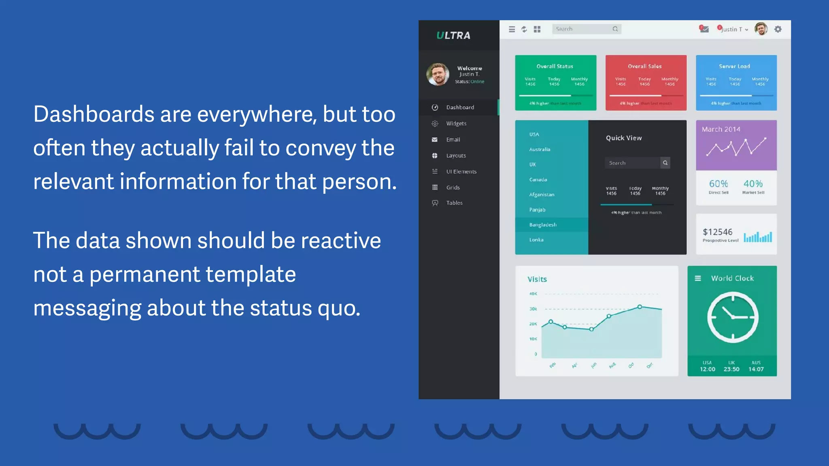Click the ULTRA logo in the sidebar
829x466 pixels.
coord(453,36)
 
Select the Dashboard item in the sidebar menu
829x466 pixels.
coord(460,107)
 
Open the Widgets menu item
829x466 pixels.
coord(456,123)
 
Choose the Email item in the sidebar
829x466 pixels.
coord(453,140)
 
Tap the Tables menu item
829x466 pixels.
coord(454,203)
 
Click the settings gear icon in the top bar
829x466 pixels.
coord(778,29)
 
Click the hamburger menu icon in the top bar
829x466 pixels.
coord(512,29)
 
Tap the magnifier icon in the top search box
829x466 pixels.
coord(615,29)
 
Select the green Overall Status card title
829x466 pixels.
coord(555,66)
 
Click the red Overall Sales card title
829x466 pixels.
coord(645,66)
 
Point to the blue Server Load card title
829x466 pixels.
coord(734,66)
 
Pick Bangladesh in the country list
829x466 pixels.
coord(543,225)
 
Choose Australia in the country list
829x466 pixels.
coord(540,149)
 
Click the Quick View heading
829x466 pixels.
coord(624,138)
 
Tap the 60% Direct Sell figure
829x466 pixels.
coord(718,184)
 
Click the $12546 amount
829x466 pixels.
coord(718,232)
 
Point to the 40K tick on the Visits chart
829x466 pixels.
coord(533,294)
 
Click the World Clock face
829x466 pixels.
coord(733,317)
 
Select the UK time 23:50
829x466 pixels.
coord(731,369)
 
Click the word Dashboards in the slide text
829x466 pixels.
coord(94,114)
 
